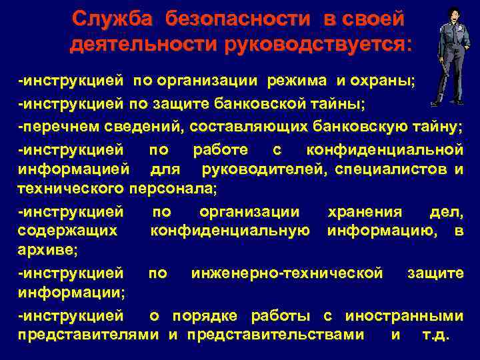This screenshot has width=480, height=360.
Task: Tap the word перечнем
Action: (55, 126)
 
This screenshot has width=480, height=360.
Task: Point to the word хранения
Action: (365, 212)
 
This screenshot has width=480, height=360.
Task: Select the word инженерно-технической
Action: (287, 273)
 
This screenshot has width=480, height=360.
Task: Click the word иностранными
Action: (411, 315)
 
